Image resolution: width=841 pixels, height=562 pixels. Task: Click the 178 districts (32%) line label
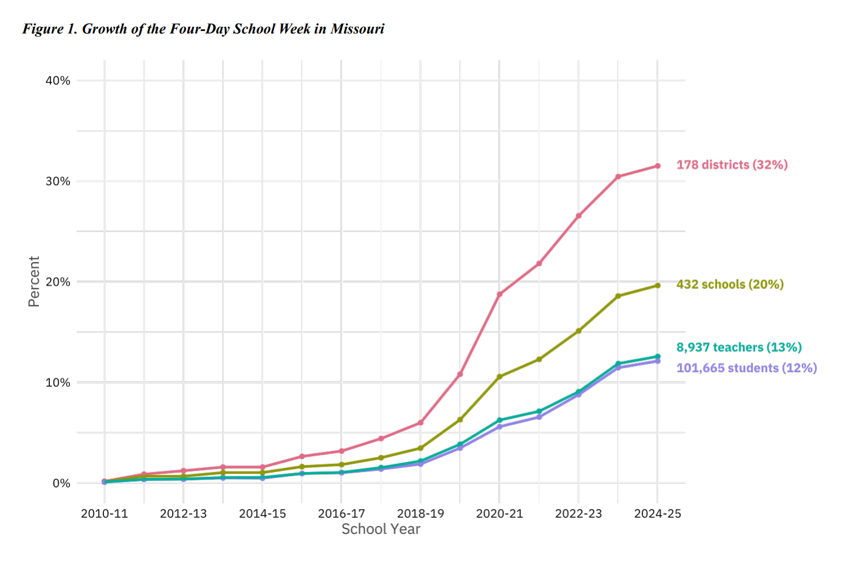[732, 165]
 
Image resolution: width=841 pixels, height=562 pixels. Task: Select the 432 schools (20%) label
[730, 285]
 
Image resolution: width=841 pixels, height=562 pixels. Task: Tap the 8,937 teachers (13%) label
[739, 348]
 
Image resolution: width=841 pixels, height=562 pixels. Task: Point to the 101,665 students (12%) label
[746, 368]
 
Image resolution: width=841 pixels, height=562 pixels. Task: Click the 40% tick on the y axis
[58, 81]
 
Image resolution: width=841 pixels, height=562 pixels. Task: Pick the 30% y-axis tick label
[58, 181]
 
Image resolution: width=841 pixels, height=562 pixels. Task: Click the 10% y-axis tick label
[58, 383]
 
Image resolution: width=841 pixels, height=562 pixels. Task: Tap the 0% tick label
[61, 484]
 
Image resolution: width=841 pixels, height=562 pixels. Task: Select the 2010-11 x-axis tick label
[105, 514]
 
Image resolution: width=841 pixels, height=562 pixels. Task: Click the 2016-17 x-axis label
[341, 514]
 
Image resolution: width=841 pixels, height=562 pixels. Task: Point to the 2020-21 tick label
[499, 514]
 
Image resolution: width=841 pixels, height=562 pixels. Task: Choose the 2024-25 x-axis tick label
[658, 514]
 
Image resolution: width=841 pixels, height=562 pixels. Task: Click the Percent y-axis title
[34, 281]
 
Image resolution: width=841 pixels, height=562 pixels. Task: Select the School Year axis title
[381, 530]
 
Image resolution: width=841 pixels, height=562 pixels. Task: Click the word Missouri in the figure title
[357, 29]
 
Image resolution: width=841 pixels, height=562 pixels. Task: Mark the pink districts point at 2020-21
[499, 294]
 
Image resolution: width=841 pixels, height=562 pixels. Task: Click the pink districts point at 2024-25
[658, 166]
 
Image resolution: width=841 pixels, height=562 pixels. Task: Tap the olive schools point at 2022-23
[578, 331]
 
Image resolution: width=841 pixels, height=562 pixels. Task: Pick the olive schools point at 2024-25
[658, 285]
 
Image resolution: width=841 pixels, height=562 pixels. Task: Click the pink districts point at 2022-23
[578, 216]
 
